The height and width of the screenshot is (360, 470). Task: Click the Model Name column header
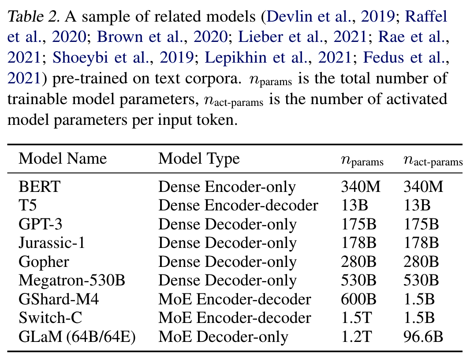63,158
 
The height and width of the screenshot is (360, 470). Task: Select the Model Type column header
199,158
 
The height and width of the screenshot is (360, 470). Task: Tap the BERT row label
39,187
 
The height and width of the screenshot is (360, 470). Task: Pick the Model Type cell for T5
238,206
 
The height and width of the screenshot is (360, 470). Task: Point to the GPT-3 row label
41,225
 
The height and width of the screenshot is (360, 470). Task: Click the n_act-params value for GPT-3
421,225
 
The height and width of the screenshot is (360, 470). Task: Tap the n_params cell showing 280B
358,262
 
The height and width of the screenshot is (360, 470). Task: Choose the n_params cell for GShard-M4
358,300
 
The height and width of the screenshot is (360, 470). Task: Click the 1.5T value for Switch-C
355,318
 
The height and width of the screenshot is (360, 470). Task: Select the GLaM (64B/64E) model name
77,337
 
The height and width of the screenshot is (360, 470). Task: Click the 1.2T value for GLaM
355,337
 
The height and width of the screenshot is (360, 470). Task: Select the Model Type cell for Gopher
228,262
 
